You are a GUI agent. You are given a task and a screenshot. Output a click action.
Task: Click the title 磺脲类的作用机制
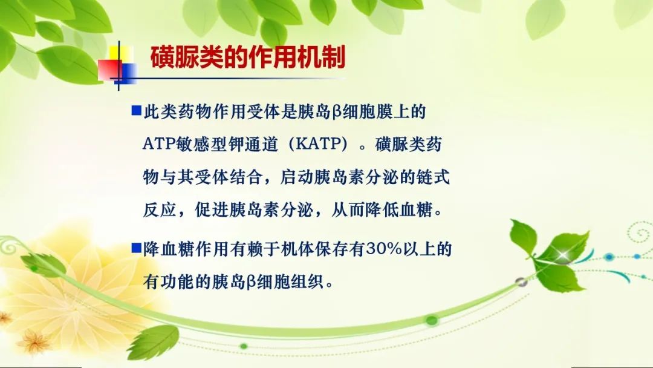(x=248, y=57)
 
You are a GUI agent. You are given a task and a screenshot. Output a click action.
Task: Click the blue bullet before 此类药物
(x=136, y=110)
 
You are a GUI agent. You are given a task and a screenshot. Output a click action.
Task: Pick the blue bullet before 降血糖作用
(x=136, y=248)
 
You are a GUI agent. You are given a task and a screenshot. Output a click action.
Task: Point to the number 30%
(x=383, y=249)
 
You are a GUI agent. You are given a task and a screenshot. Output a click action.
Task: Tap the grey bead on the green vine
(x=521, y=282)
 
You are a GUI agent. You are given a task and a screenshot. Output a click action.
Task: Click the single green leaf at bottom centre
(x=154, y=342)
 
